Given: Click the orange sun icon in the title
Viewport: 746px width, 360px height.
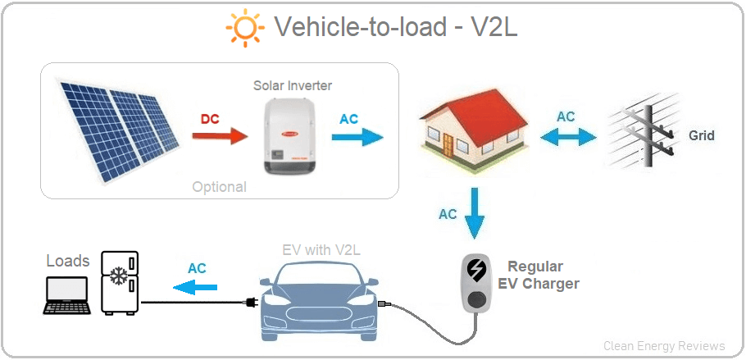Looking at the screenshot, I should coord(244,29).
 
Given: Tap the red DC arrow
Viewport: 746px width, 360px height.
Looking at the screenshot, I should coord(222,135).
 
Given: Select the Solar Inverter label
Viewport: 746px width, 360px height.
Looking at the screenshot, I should coord(293,85).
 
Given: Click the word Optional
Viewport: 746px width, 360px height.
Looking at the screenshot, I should coord(219,187).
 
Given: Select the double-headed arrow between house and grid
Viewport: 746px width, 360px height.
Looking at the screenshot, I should coord(566,135).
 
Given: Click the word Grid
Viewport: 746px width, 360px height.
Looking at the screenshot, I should coord(701,135).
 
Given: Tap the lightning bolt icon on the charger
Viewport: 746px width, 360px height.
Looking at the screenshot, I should coord(475,268).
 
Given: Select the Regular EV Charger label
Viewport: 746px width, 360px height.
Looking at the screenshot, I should coord(538,276).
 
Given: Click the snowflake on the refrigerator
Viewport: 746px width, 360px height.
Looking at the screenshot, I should coord(119,276).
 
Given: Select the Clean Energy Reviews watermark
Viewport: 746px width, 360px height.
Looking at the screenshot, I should coord(664,346).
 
